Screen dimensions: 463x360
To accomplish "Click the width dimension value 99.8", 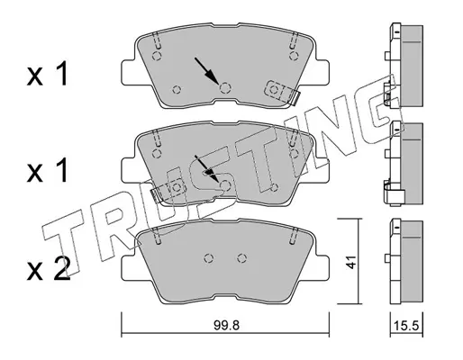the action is point(226,325).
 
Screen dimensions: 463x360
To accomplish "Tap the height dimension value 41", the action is point(350,262).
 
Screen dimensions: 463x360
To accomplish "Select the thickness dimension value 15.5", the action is point(406,326).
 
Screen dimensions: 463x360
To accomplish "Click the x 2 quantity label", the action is point(49,269).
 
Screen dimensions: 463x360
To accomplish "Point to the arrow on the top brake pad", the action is point(206,71).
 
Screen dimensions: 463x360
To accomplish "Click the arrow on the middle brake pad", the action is point(206,168).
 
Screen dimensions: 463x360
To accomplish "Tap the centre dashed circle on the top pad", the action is point(225,88).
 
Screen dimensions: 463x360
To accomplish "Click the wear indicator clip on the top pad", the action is point(282,93).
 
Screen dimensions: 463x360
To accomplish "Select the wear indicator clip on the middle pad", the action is point(168,190).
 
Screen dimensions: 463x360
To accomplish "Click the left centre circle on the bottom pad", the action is point(209,257).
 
